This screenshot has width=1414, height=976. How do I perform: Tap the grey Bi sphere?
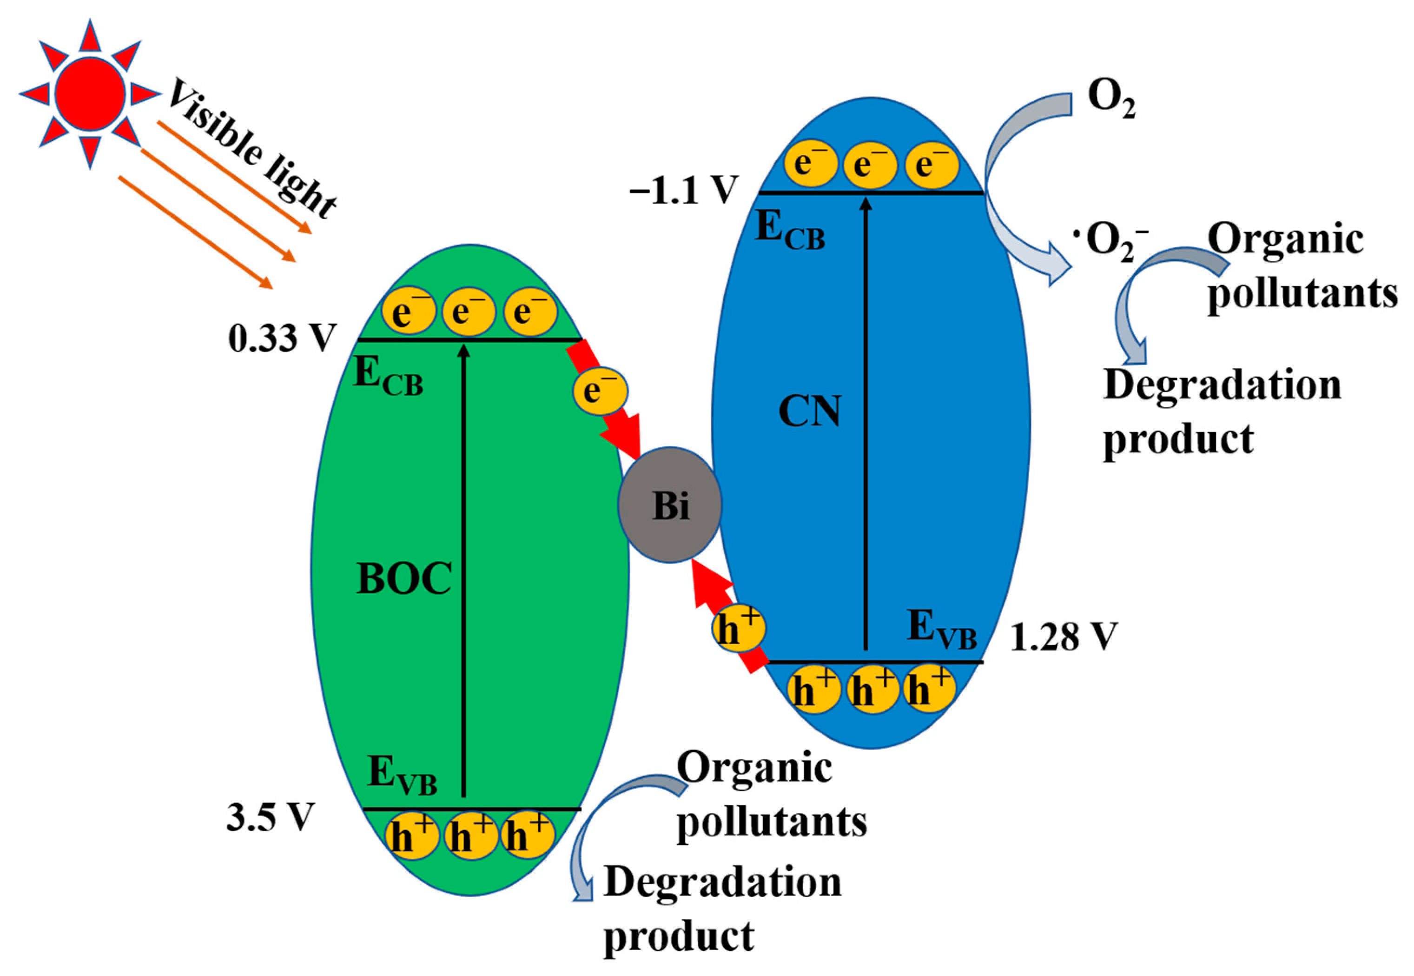669,504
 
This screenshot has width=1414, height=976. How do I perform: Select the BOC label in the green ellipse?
403,578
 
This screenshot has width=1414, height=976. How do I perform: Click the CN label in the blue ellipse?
809,411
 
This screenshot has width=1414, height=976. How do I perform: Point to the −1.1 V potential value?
683,191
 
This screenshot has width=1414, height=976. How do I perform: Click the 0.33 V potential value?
282,338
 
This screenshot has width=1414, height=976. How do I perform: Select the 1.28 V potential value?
1063,637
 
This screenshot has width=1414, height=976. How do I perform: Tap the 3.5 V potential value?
270,817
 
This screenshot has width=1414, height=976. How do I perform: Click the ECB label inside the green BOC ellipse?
388,376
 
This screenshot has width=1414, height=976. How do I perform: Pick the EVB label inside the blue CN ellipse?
941,629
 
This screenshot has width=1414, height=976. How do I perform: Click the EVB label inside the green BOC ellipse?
402,776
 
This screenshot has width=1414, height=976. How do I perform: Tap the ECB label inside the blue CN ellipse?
790,231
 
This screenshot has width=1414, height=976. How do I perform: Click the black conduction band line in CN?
871,193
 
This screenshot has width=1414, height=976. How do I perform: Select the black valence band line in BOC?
471,809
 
